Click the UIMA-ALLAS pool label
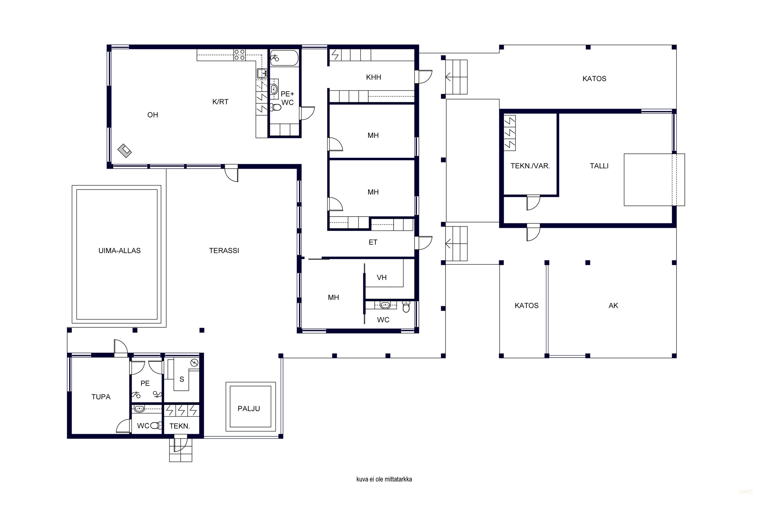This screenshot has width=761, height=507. [119, 251]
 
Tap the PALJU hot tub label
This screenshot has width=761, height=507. [249, 409]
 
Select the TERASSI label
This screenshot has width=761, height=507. [224, 251]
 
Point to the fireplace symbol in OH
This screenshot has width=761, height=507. [125, 151]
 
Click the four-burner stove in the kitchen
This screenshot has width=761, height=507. [239, 55]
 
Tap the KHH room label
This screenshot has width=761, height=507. [373, 77]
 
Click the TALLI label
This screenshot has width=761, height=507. [599, 166]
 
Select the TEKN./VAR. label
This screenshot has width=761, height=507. [530, 166]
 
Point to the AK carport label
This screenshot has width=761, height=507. [613, 305]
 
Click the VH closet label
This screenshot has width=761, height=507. [382, 277]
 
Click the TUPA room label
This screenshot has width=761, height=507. [101, 397]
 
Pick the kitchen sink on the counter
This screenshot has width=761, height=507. [262, 74]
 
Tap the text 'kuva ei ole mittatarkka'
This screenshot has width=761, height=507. [384, 479]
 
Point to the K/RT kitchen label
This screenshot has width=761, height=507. [220, 102]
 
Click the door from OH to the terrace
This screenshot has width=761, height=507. [231, 174]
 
